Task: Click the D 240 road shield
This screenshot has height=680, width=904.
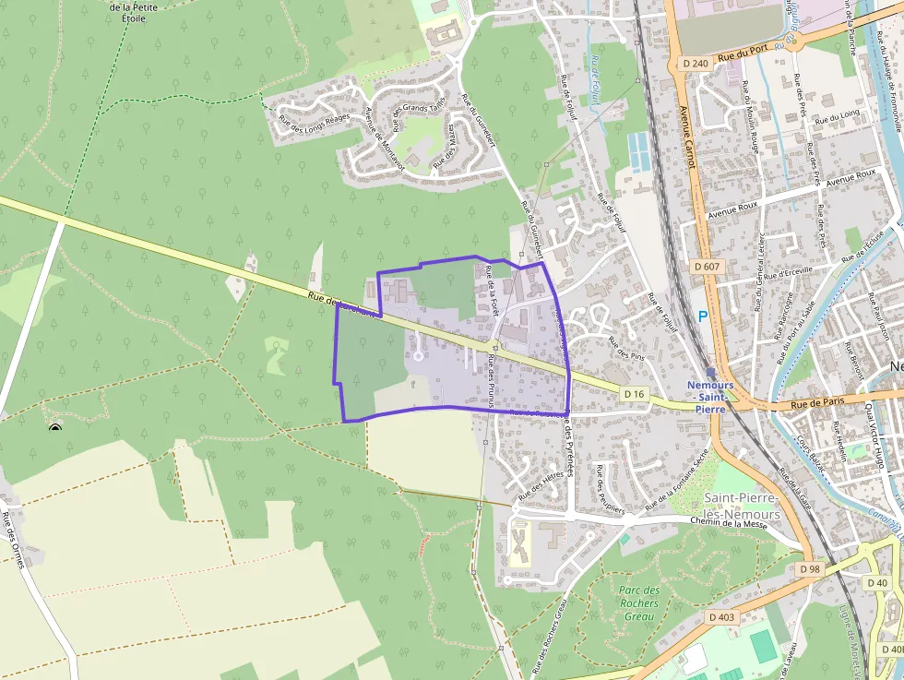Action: click(696, 63)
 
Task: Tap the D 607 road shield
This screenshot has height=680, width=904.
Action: click(708, 266)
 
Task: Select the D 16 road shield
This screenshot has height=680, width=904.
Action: click(633, 394)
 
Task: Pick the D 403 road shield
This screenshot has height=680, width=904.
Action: click(723, 615)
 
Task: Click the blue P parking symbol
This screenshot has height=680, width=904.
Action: click(703, 316)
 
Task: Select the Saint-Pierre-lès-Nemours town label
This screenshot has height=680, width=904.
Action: click(742, 506)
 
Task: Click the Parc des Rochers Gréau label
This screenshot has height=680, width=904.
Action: click(638, 603)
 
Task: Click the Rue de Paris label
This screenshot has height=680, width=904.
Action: click(817, 402)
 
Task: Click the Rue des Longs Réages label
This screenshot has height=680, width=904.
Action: click(314, 125)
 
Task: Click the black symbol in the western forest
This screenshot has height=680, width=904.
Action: click(55, 427)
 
